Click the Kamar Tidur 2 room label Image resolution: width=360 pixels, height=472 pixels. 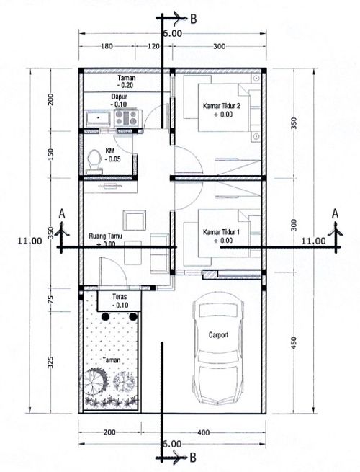[x=222, y=106]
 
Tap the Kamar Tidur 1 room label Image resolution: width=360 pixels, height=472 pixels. [x=221, y=232]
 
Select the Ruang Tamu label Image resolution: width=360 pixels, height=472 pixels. [x=106, y=236]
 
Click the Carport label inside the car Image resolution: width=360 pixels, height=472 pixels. [x=218, y=335]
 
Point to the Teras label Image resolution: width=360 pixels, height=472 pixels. [x=120, y=296]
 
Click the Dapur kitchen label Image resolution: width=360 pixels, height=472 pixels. [x=119, y=97]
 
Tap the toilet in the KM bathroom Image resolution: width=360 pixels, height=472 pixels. [x=94, y=161]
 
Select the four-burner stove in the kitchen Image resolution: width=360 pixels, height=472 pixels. [x=127, y=117]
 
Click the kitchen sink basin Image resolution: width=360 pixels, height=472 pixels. [x=98, y=117]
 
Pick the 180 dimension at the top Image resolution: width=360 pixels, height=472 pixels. [x=107, y=46]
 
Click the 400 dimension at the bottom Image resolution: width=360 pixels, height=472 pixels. [x=204, y=432]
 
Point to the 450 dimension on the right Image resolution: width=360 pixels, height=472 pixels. [x=294, y=343]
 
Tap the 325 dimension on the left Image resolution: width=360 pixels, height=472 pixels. [x=50, y=362]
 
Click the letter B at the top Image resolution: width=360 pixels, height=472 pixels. [x=194, y=19]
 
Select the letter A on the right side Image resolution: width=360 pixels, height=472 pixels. [x=335, y=214]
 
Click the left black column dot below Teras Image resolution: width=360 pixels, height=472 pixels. [x=105, y=316]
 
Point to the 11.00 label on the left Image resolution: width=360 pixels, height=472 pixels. [x=30, y=241]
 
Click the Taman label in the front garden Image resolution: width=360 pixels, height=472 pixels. [x=112, y=360]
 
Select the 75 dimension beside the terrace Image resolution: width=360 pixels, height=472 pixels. [x=50, y=299]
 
